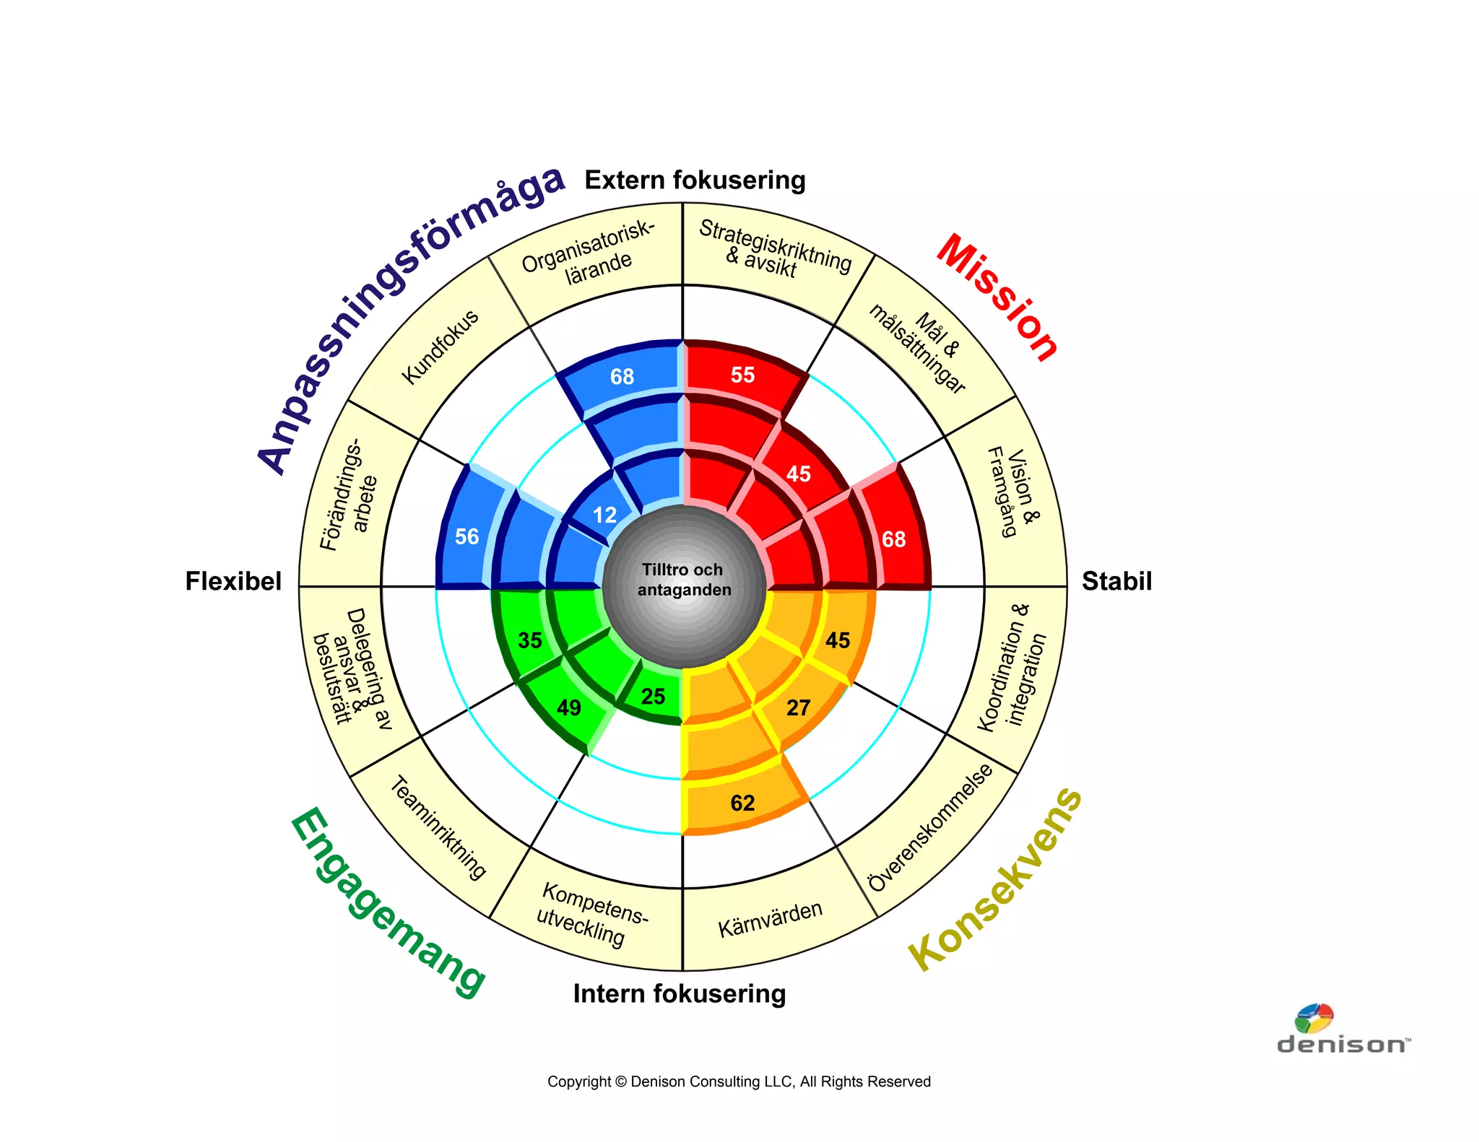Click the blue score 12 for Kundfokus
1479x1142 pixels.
[x=604, y=515]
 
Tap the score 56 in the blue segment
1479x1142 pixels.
[x=467, y=536]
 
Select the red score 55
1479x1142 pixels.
[x=742, y=375]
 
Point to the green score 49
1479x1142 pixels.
[x=568, y=707]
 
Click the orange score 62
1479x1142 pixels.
[x=742, y=803]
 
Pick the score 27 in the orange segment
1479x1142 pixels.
[x=798, y=707]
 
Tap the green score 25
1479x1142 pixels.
[x=653, y=697]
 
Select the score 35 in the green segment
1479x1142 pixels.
[x=530, y=640]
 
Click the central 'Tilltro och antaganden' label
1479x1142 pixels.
[x=683, y=580]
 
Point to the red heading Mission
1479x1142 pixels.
[x=997, y=297]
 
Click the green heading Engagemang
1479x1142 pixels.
[x=387, y=903]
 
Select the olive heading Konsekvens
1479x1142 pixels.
[x=996, y=879]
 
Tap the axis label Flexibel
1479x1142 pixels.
[x=233, y=581]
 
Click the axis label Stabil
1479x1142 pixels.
[x=1116, y=581]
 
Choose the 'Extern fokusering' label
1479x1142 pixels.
[x=695, y=180]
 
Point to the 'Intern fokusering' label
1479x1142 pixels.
[x=680, y=994]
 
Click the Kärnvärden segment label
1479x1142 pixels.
[x=770, y=919]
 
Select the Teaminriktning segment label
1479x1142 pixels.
[x=438, y=828]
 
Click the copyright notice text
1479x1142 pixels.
[x=739, y=1081]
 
